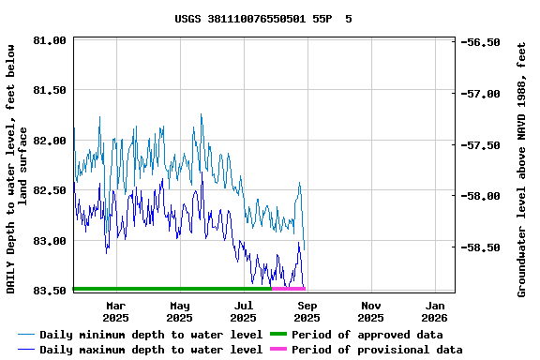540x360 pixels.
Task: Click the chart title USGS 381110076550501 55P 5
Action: pyautogui.click(x=263, y=19)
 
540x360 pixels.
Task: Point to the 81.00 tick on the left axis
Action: pyautogui.click(x=49, y=41)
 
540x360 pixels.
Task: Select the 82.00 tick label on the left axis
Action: pyautogui.click(x=49, y=141)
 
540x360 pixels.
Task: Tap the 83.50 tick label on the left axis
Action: pyautogui.click(x=49, y=291)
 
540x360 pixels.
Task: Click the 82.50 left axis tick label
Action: pyautogui.click(x=49, y=190)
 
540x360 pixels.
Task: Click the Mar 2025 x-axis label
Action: pyautogui.click(x=115, y=311)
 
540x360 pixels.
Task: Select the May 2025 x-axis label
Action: pyautogui.click(x=180, y=311)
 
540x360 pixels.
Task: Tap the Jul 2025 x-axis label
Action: pyautogui.click(x=244, y=311)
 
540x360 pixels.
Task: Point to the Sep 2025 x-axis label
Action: pyautogui.click(x=307, y=311)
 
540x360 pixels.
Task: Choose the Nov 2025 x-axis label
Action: pyautogui.click(x=371, y=311)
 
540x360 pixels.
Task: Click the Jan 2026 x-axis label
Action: pyautogui.click(x=435, y=311)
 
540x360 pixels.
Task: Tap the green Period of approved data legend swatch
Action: pyautogui.click(x=278, y=335)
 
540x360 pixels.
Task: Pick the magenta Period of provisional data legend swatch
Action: pyautogui.click(x=278, y=350)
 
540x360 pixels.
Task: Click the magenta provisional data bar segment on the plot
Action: pyautogui.click(x=288, y=289)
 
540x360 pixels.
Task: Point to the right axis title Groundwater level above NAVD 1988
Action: pyautogui.click(x=522, y=169)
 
